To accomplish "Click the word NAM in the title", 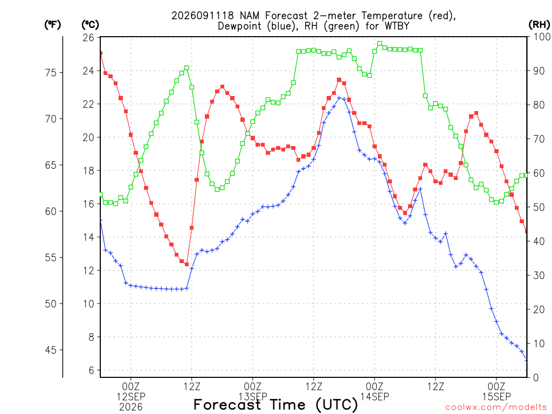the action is (x=250, y=16).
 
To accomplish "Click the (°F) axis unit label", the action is (x=52, y=25).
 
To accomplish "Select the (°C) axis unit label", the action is (x=90, y=25).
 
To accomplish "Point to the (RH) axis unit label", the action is (x=539, y=25).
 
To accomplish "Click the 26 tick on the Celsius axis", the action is (x=88, y=37).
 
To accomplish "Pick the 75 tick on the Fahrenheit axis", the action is (x=51, y=73).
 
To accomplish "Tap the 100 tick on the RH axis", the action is (x=542, y=37).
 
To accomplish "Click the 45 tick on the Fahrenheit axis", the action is (x=51, y=350).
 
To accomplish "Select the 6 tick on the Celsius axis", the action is (x=91, y=370).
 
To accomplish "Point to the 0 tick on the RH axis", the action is (x=536, y=378).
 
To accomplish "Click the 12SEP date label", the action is (x=131, y=396).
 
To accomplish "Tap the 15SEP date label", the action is (x=496, y=396).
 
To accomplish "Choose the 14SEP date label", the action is (x=375, y=396).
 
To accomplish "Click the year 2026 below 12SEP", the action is (x=131, y=408).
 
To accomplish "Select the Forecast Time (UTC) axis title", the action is (x=275, y=405).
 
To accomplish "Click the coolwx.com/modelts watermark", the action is (x=496, y=408).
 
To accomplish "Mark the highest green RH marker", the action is (x=379, y=44).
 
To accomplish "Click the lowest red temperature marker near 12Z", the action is (x=187, y=264).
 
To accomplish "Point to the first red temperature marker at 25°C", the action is (x=101, y=53).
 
